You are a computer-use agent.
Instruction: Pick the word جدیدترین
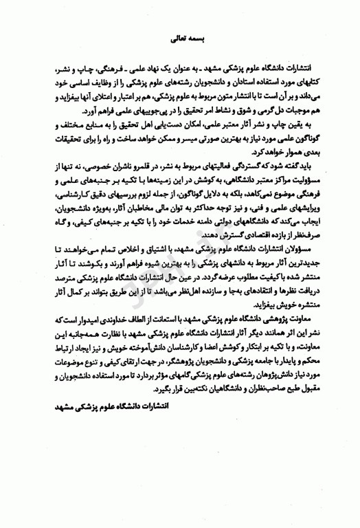[x=300, y=261]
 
